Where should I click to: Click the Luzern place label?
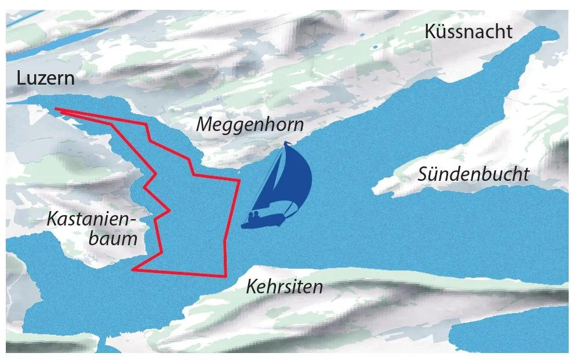pos(46,78)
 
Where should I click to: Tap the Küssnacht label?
pos(468,31)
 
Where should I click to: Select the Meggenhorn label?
pos(249,124)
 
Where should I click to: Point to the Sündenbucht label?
pos(474,174)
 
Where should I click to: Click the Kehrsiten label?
pos(284,286)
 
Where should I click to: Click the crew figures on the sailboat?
pos(253,217)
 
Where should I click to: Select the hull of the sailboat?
pos(264,221)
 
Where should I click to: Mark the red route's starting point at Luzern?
pos(55,108)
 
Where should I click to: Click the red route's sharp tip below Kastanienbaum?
pos(133,269)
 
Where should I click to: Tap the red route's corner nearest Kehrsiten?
pos(225,277)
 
